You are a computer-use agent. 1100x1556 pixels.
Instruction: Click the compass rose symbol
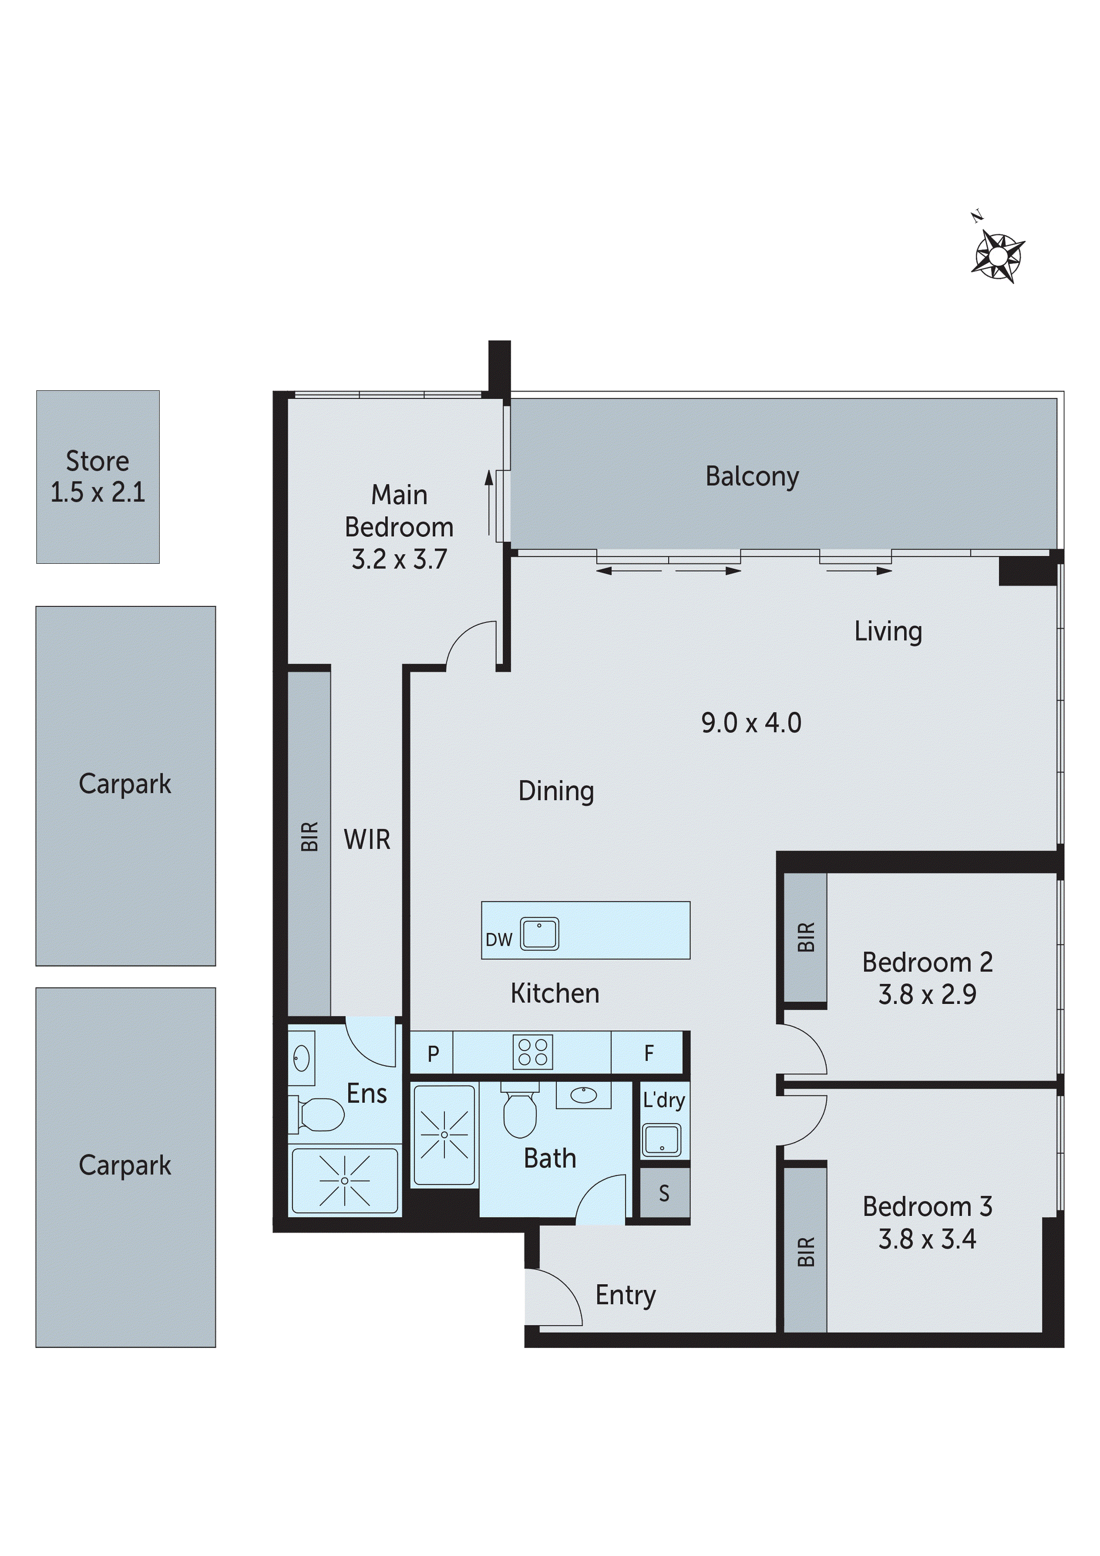point(998,255)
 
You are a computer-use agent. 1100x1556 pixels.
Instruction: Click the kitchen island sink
point(539,933)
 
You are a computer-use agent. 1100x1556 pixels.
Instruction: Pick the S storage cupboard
point(664,1194)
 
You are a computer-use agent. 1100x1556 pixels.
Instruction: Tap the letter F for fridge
point(648,1053)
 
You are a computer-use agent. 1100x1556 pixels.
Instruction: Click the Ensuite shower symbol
point(344,1181)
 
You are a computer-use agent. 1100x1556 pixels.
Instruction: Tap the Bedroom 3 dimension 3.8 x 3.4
point(927,1239)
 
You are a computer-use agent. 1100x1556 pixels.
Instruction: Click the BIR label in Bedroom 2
point(806,937)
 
